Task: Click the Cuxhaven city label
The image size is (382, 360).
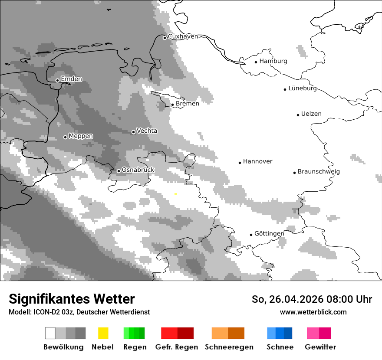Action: point(183,36)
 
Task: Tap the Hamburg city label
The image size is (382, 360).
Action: point(273,61)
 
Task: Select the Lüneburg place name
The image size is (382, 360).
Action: point(302,88)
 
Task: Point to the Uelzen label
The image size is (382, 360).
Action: point(311,114)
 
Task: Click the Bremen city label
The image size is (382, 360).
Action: point(187,104)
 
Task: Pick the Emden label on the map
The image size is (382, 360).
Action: point(71,79)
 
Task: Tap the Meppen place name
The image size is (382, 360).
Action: point(81,136)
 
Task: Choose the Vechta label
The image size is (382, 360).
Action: point(147,131)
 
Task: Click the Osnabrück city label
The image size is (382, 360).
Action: point(138,170)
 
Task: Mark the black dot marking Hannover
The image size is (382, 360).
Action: point(240,163)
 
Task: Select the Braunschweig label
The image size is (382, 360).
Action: point(319,172)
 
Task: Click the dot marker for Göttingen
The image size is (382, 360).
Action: point(251,235)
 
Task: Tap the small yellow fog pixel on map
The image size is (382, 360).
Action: point(175,194)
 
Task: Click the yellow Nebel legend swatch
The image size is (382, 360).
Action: point(103,333)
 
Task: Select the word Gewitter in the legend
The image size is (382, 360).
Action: point(320,347)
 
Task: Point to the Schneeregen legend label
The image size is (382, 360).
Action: point(229,347)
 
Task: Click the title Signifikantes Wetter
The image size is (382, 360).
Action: point(72,299)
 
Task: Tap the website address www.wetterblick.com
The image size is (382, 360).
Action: point(313,312)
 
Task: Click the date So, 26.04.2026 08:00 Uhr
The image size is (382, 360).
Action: point(312,299)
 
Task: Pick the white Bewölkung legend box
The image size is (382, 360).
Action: point(50,333)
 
